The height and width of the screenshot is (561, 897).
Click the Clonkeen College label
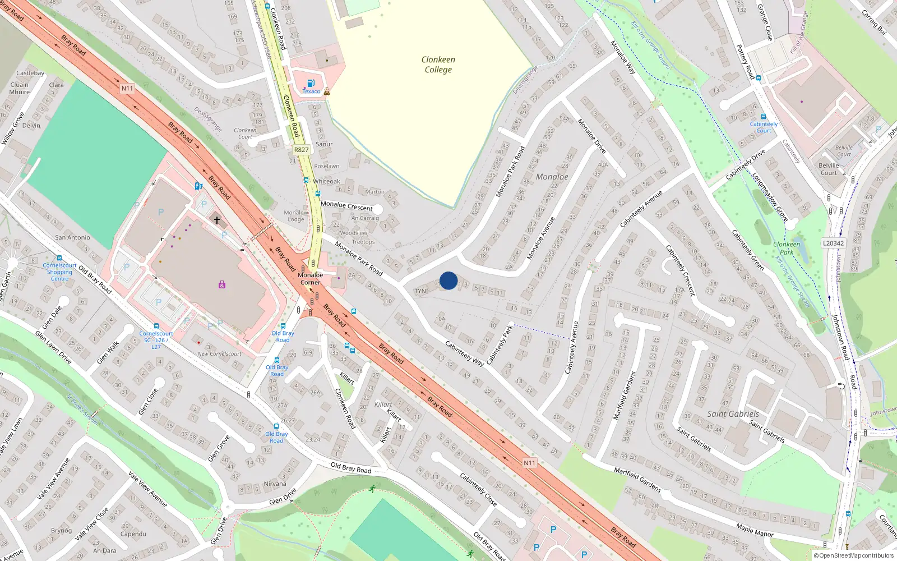tap(438, 65)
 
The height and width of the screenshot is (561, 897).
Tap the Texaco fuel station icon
tap(311, 84)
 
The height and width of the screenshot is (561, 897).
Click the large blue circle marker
tap(449, 280)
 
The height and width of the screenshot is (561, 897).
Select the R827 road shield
tap(302, 150)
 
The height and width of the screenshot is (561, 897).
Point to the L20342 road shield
tap(833, 243)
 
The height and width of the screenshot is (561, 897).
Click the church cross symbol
tap(217, 220)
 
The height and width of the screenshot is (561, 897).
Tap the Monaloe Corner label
tap(310, 278)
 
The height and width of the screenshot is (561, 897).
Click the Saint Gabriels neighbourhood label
tap(733, 414)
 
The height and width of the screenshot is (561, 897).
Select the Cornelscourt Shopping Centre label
tap(59, 272)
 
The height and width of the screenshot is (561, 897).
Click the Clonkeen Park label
tap(787, 248)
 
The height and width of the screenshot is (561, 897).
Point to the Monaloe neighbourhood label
tap(552, 177)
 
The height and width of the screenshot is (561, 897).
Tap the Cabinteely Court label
tap(764, 127)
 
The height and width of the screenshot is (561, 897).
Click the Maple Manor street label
tap(755, 530)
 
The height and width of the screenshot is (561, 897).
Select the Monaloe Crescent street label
tap(346, 206)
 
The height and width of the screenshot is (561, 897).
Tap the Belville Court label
tap(829, 169)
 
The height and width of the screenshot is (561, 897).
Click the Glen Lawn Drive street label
tap(53, 347)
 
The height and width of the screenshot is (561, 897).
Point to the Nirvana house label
tap(275, 484)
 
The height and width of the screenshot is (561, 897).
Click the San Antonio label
tap(72, 237)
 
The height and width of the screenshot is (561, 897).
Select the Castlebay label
tap(30, 73)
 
